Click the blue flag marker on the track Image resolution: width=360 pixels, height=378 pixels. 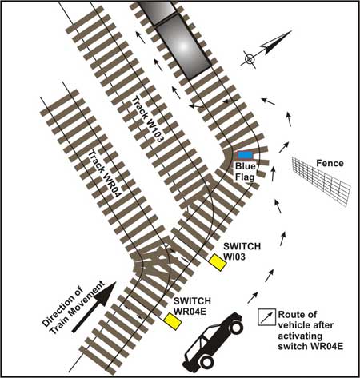pos(246,155)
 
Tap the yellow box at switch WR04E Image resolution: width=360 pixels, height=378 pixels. pos(173,321)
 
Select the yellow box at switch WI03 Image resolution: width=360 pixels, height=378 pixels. pos(218,262)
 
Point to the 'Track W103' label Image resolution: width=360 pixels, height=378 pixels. pos(146,119)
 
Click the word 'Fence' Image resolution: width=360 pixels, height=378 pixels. pos(330,163)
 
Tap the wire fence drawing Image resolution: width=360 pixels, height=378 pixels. pos(321,181)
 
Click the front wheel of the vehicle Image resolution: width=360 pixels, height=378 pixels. pos(236,328)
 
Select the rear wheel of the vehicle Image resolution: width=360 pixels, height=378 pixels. pos(206,361)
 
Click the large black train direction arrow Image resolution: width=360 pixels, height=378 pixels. pos(94,307)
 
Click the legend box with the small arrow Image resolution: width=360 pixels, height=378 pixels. pos(266,317)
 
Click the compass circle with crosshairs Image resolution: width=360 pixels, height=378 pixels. pos(249,59)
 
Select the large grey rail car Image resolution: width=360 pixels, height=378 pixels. pos(184,47)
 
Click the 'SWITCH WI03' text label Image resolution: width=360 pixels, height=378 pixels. pos(242,251)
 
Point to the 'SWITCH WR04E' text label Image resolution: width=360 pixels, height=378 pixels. pos(192,306)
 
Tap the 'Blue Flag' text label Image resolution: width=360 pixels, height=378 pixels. pos(245,172)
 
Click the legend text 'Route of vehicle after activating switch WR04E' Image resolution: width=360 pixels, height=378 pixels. pos(310,330)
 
